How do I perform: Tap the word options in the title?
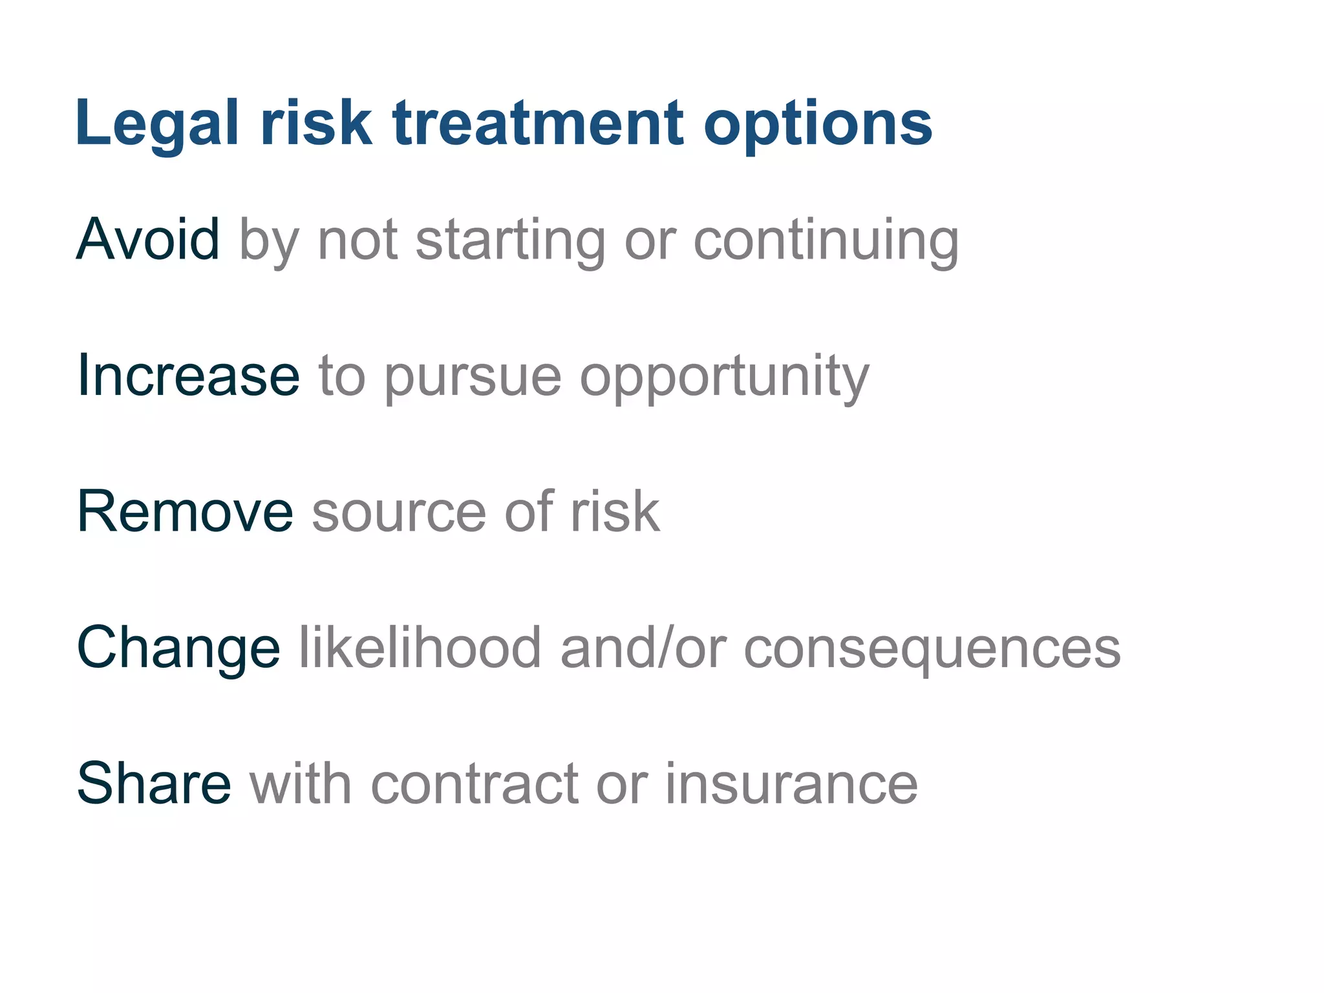(818, 124)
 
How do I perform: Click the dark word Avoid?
(148, 239)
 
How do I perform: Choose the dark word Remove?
(185, 511)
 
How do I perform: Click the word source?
(398, 512)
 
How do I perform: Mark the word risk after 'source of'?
(614, 511)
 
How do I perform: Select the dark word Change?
(178, 648)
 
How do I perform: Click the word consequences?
(932, 648)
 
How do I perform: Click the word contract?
(474, 784)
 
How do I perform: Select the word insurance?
(791, 784)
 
